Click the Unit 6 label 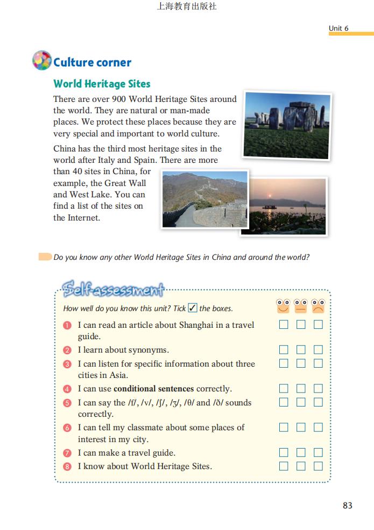point(338,28)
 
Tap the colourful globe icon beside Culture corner point(42,61)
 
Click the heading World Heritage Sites point(102,84)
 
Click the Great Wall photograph point(204,199)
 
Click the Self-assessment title point(112,290)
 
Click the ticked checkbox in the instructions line point(193,308)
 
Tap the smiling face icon point(283,306)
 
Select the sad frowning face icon point(319,306)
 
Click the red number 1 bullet point(67,325)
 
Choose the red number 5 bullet point(67,403)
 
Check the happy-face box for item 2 point(284,350)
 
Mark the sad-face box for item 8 point(318,466)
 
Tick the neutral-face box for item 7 point(301,452)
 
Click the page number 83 point(347,505)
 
